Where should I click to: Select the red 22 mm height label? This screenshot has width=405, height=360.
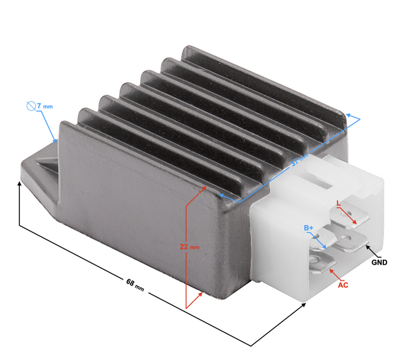click(x=190, y=247)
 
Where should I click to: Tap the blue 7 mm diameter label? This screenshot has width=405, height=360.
click(x=44, y=106)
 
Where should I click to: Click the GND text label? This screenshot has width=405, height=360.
click(x=379, y=263)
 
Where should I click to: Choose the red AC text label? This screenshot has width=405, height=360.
click(x=343, y=285)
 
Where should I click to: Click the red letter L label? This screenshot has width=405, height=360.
click(x=339, y=204)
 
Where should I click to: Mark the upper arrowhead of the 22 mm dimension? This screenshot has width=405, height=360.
click(x=207, y=187)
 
